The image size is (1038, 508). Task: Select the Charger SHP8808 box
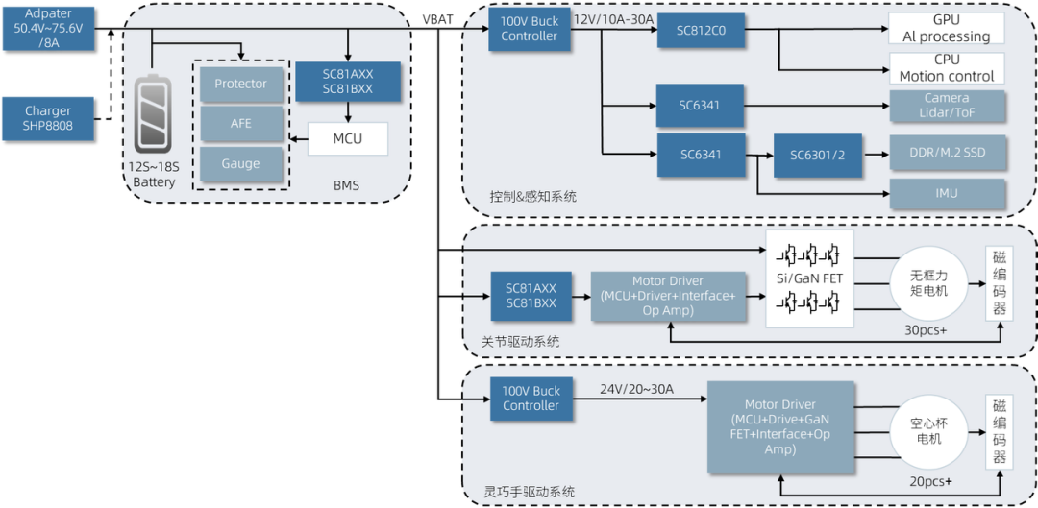(48, 118)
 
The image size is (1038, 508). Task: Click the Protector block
(240, 85)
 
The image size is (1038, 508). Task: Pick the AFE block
(240, 124)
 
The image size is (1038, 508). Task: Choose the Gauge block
(240, 164)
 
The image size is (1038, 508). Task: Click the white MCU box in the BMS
(347, 138)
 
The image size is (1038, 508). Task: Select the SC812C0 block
(701, 30)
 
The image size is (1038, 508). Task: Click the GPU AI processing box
(946, 29)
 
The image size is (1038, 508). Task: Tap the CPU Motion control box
(946, 68)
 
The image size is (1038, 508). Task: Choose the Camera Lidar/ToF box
(946, 106)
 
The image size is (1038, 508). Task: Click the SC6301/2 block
(818, 154)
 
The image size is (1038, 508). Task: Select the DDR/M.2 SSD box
(946, 153)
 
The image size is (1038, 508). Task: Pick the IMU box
(946, 193)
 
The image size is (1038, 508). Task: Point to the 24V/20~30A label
(636, 389)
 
